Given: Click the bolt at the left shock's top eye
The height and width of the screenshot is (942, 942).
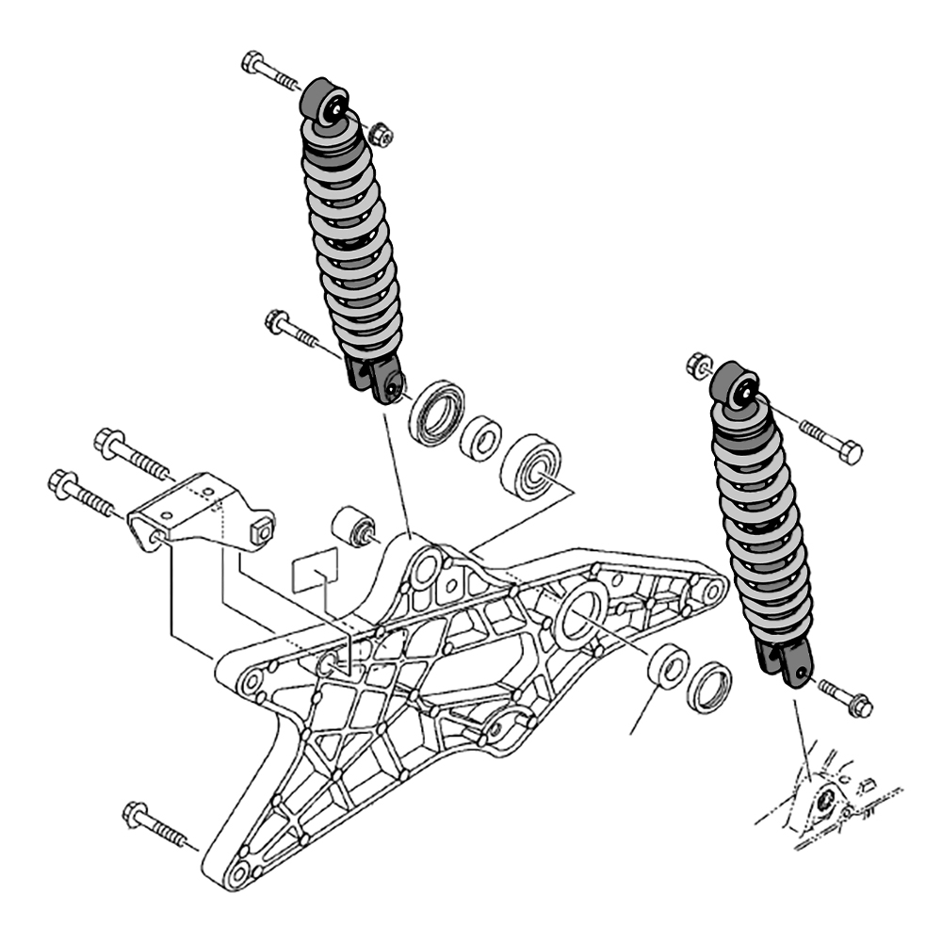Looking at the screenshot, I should (x=268, y=70).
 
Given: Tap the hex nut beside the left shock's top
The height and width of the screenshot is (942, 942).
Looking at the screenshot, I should (x=381, y=135).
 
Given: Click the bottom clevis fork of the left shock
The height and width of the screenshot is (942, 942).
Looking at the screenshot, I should (x=378, y=376).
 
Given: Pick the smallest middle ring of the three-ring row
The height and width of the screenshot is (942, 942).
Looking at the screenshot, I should (x=481, y=438).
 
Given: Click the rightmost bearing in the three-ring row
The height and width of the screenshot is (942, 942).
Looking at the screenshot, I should (x=530, y=465).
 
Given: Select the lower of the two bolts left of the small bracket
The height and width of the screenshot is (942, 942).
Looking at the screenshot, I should (x=83, y=493).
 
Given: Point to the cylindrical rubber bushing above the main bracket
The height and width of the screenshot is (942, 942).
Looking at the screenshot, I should (x=356, y=526).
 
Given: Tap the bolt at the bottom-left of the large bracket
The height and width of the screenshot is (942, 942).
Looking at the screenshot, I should (x=155, y=822).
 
